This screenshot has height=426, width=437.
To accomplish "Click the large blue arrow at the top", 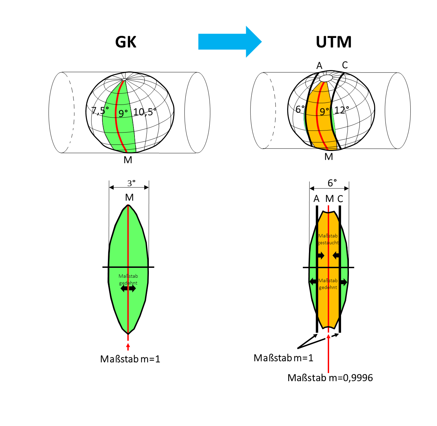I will tap(229, 42).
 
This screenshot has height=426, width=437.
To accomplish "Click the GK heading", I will tap(126, 42).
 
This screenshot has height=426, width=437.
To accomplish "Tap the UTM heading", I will tap(334, 42).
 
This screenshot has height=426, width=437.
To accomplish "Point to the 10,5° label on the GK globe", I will tap(144, 112).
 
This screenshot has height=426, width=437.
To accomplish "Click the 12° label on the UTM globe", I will tap(341, 110).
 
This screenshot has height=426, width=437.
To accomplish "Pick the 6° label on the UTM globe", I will tap(300, 109).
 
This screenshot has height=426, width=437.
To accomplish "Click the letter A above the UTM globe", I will tap(319, 66).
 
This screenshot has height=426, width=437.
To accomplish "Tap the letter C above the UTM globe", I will tap(345, 65).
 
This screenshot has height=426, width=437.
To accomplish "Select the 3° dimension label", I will tap(131, 183).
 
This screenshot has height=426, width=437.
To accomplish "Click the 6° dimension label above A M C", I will tap(332, 183).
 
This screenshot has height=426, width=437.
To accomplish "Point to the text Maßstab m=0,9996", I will tap(330, 377).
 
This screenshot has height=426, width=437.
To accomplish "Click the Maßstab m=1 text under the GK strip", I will tap(130, 359).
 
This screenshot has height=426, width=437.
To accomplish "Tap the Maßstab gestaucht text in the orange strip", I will tap(328, 239).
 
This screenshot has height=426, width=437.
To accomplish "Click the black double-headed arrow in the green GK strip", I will tap(128, 289).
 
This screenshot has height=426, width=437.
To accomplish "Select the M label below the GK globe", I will tap(128, 160).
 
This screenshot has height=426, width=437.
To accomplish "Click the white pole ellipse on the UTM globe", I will tap(326, 78).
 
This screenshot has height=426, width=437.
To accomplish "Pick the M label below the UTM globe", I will tap(329, 157).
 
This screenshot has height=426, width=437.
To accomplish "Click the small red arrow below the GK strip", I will tap(128, 346).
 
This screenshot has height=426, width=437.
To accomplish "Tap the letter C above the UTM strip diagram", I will tap(340, 199).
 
